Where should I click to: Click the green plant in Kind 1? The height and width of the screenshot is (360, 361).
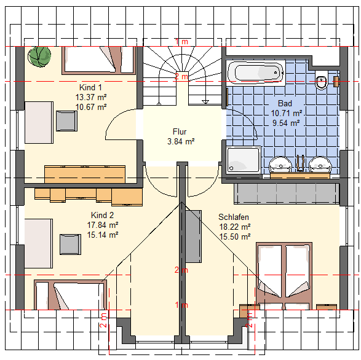point(39,57)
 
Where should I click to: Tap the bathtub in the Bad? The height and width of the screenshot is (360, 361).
point(256,72)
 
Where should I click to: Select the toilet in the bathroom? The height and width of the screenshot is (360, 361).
point(322,80)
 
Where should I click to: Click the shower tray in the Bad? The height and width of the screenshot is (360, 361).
point(244,160)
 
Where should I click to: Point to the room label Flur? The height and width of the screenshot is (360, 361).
point(180,131)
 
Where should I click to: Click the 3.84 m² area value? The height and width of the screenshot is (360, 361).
point(181,141)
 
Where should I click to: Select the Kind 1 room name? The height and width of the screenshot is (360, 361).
point(90,87)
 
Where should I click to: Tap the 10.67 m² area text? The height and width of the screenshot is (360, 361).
point(91,107)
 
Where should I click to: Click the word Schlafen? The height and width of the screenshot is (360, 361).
point(234,217)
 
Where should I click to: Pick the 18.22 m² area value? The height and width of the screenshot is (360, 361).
point(235,227)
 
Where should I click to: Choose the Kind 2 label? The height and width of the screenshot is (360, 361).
point(103,215)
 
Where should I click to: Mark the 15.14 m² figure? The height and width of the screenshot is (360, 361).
point(103,235)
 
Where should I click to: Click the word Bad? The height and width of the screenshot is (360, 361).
point(285,103)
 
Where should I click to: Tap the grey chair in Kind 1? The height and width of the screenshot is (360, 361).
point(67,121)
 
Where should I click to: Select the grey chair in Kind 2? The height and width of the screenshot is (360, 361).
point(71,245)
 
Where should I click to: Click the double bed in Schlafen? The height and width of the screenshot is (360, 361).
point(284,276)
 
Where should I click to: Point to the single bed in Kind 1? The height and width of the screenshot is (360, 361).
point(99,60)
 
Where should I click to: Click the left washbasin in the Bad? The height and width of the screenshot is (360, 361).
point(280,165)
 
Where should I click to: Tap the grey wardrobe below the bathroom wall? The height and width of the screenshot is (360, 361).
point(287,194)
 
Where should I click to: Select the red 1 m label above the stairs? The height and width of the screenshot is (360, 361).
point(181,42)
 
